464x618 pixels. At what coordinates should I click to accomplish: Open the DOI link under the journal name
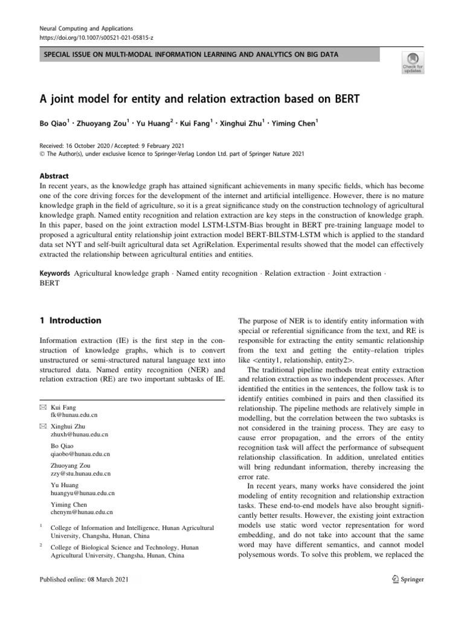(95, 37)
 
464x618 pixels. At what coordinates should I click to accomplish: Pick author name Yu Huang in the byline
(155, 124)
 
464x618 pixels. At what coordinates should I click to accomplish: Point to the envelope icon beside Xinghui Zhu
(42, 426)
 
